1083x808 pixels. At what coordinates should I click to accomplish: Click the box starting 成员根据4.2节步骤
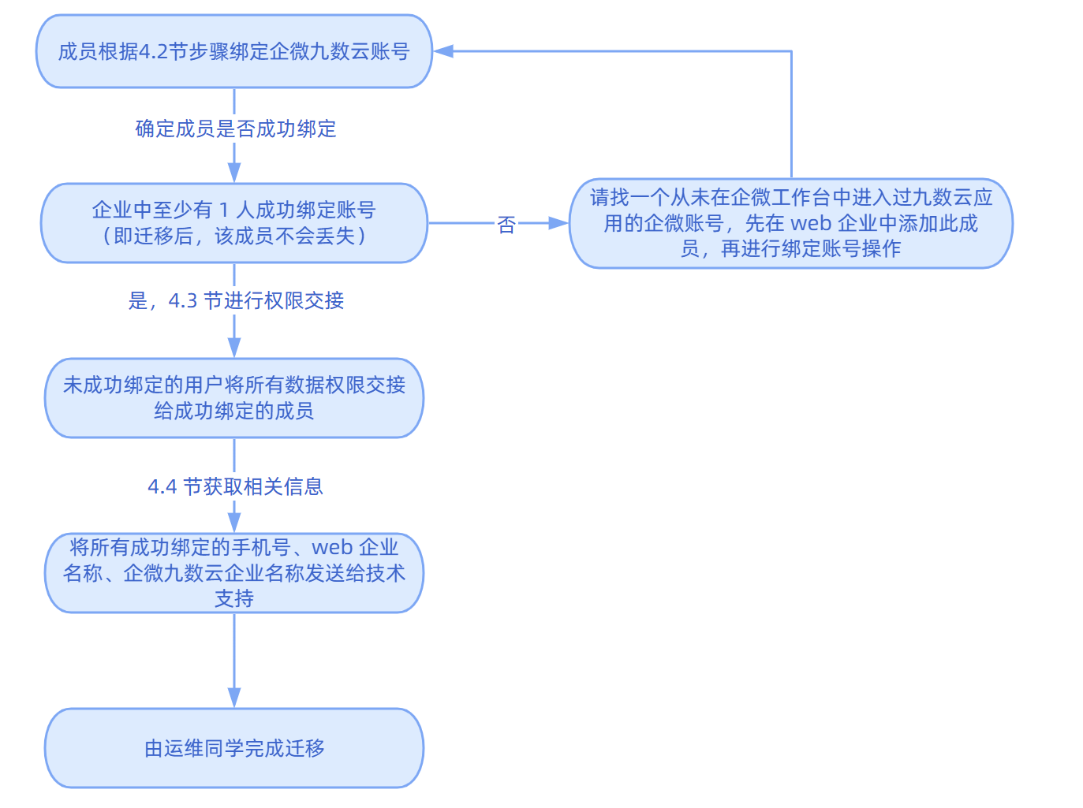pos(234,51)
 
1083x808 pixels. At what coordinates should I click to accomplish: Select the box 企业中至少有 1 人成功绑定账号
pos(234,223)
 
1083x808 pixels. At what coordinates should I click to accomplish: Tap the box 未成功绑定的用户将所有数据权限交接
pos(234,398)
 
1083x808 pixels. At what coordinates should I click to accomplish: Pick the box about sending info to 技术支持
pos(234,573)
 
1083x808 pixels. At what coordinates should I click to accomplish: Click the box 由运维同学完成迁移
pos(234,748)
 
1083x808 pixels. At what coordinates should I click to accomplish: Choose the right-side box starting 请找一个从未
pos(790,223)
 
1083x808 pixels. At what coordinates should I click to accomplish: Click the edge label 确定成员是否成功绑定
pos(236,128)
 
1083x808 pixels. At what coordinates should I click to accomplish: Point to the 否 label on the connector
pos(506,225)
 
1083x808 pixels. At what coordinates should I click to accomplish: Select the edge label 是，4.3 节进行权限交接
pos(236,300)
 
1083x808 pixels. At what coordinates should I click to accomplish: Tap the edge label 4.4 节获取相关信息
pos(236,486)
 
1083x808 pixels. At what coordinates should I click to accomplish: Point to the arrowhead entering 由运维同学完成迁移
pos(234,698)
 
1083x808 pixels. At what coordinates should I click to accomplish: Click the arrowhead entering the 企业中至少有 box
pos(234,173)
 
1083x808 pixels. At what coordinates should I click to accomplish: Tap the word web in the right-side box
pos(810,223)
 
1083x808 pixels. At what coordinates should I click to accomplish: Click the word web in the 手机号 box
pos(332,547)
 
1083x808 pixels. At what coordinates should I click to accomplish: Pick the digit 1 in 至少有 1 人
pos(224,210)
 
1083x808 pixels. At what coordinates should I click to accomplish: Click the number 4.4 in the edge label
pos(162,487)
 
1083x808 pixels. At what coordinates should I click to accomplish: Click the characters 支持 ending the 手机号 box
pos(234,599)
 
